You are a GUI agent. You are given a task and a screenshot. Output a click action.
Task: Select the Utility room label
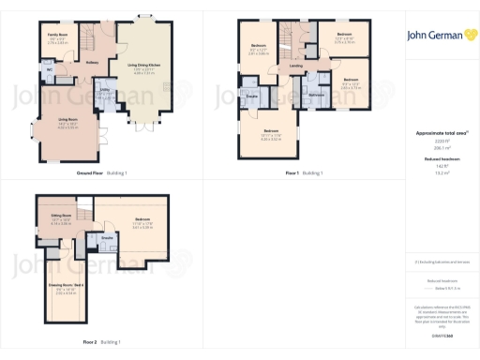(105, 91)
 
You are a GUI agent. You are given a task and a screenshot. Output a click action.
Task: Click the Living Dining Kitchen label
(142, 67)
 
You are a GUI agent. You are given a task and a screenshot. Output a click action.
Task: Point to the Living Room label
(67, 120)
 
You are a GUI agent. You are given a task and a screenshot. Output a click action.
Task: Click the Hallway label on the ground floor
(92, 64)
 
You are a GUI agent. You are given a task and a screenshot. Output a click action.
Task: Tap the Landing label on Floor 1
(295, 67)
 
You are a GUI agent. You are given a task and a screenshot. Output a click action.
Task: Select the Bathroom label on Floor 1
(316, 96)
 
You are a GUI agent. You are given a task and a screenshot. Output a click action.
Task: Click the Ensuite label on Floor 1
(252, 96)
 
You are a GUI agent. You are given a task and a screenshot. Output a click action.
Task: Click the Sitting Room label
(60, 216)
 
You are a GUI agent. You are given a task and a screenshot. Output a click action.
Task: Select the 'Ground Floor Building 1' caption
(101, 173)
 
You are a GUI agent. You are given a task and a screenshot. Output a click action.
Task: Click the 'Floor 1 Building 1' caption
(304, 173)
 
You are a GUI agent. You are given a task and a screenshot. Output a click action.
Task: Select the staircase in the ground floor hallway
(87, 42)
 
